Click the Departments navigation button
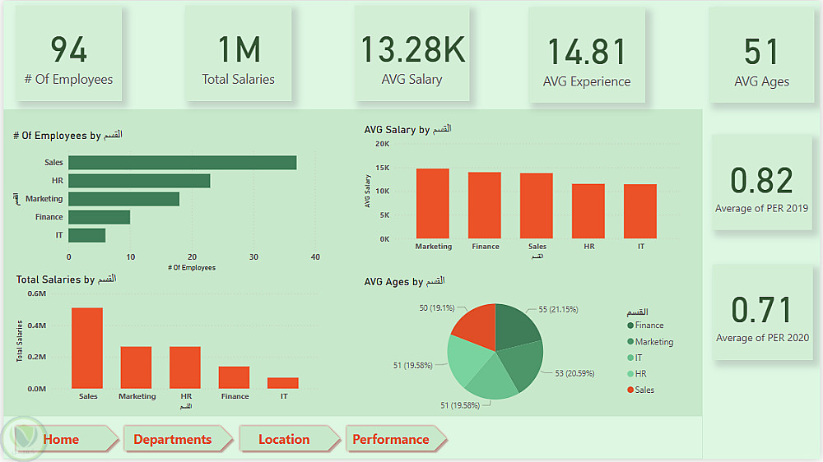tap(172, 439)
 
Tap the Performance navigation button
tap(391, 439)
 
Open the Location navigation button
tap(284, 439)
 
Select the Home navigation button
tap(62, 439)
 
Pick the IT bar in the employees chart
tap(86, 235)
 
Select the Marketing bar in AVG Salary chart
tap(433, 203)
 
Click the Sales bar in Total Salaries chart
tap(87, 348)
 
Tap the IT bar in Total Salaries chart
tap(283, 383)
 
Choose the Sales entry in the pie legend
tap(644, 390)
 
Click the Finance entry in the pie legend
tap(649, 326)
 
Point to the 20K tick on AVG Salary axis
tap(382, 144)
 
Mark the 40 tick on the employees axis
tap(315, 256)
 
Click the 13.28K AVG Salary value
tap(412, 50)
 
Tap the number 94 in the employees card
tap(69, 51)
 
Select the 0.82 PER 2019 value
tap(762, 181)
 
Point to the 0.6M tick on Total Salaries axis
tap(37, 293)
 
